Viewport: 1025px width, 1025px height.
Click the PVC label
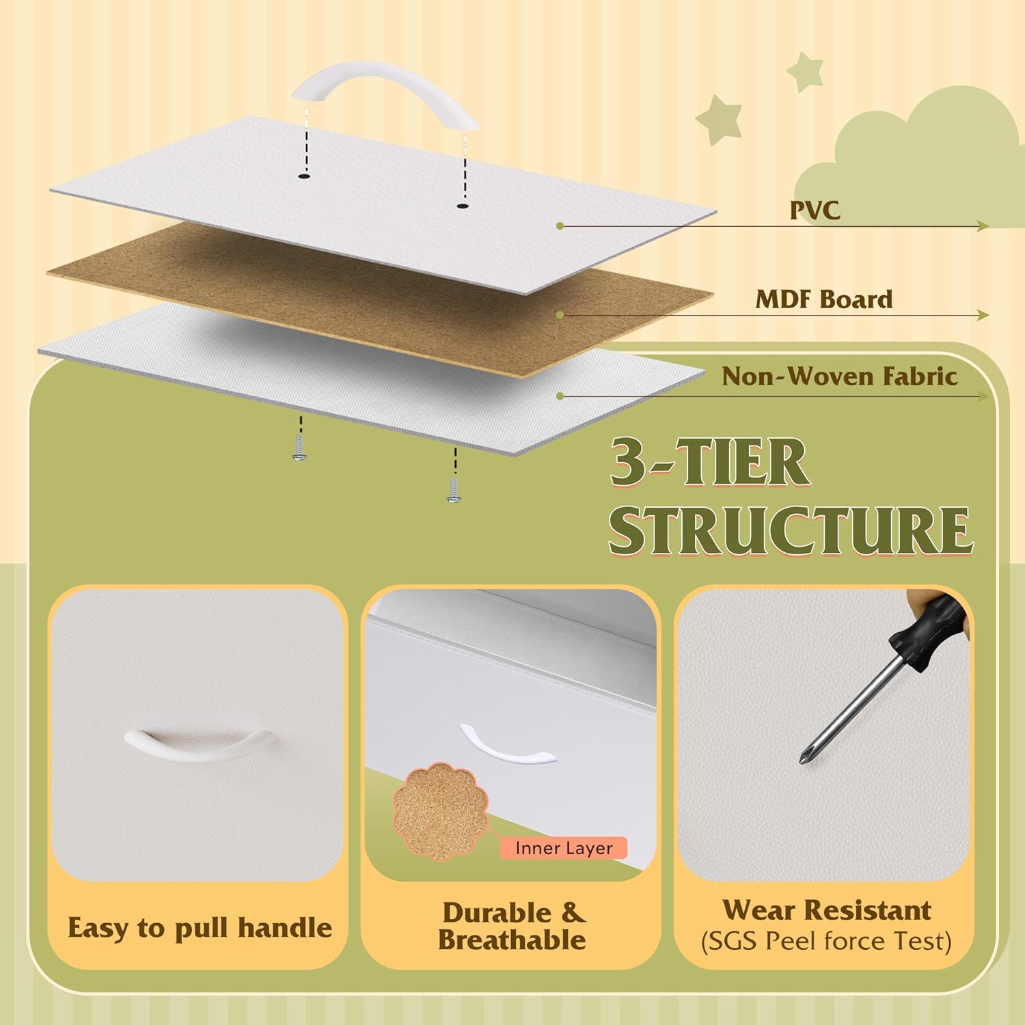coord(815,210)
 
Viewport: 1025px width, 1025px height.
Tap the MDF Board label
coord(824,299)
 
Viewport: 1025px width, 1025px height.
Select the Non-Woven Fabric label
coord(840,377)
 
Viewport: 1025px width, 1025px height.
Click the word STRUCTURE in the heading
coord(791,530)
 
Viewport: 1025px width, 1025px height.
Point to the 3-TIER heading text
coord(710,463)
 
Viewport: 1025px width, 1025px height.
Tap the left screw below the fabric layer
coord(299,452)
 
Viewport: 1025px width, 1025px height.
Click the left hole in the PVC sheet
coord(303,177)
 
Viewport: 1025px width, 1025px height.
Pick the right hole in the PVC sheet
coord(463,205)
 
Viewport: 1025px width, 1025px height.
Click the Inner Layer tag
coord(564,849)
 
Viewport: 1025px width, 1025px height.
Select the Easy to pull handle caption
coord(200,928)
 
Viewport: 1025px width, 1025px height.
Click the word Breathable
coord(512,940)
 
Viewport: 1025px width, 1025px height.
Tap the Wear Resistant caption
coord(827,910)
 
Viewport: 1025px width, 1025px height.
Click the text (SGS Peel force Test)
coord(826,942)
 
